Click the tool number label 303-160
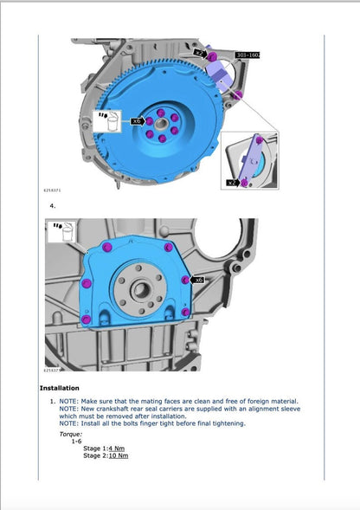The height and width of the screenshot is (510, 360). [x=248, y=55]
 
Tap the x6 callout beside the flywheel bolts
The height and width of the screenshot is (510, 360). [x=137, y=122]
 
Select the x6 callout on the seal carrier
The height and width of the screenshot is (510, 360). [x=198, y=281]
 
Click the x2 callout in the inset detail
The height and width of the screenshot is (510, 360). [x=232, y=183]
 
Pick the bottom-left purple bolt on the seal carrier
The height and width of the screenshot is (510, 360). [x=87, y=320]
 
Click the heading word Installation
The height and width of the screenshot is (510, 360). [x=60, y=388]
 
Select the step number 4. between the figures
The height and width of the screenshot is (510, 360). [x=54, y=206]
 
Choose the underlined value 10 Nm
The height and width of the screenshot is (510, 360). [x=119, y=455]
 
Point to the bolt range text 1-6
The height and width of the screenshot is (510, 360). [x=76, y=441]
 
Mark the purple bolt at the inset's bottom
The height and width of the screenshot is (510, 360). [x=247, y=182]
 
